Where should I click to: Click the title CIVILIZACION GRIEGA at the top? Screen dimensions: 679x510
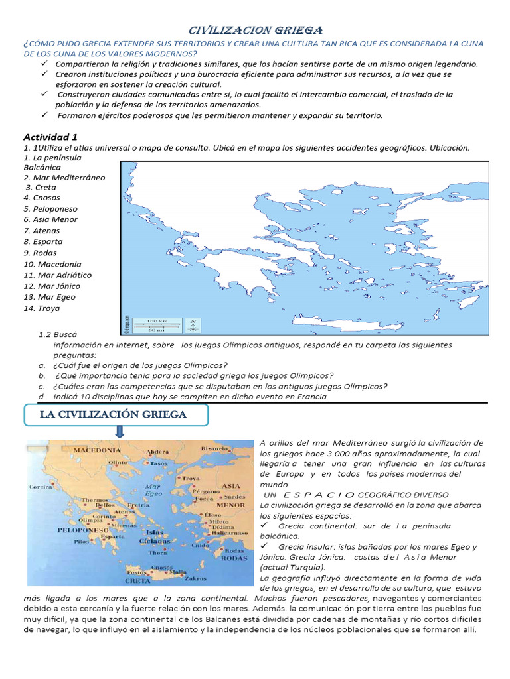click(256, 30)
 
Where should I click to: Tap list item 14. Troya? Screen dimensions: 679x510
click(41, 308)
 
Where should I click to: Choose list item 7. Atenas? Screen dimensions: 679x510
click(41, 231)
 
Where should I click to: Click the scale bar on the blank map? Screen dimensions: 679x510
click(157, 325)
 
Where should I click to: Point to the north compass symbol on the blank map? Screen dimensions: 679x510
click(193, 324)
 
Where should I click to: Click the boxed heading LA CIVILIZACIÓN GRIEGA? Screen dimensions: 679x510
click(116, 415)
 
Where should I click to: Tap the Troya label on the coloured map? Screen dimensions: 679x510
click(190, 477)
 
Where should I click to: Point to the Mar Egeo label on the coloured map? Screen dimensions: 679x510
click(153, 491)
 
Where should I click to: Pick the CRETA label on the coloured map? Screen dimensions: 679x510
click(139, 581)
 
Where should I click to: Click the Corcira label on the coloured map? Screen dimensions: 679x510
click(40, 486)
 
